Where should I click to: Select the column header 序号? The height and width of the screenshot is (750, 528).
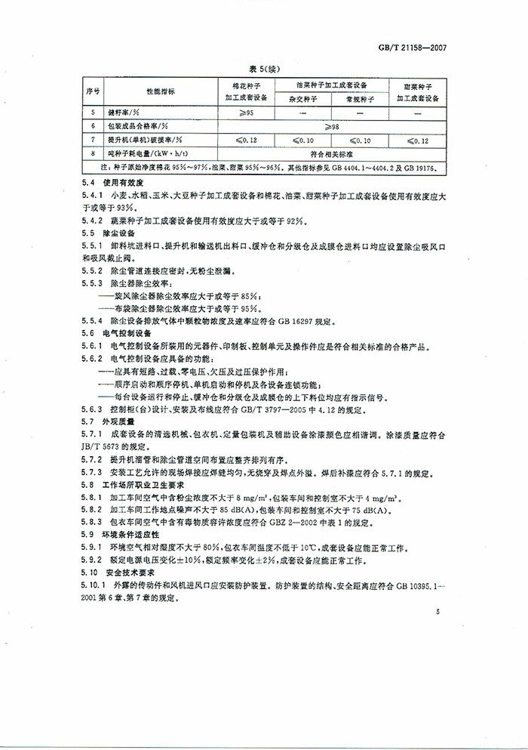94,91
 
